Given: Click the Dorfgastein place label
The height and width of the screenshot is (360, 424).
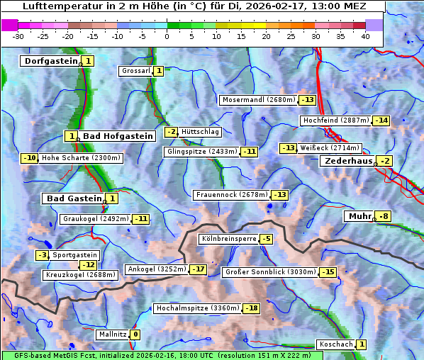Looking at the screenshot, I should coord(50,62).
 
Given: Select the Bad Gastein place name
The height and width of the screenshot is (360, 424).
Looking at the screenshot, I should coord(74,198).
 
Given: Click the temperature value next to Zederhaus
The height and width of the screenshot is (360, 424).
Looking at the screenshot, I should coord(384,162).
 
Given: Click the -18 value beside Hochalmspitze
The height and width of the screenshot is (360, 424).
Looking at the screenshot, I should coord(252,308).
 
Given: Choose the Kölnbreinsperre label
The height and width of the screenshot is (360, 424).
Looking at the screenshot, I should coord(228,240).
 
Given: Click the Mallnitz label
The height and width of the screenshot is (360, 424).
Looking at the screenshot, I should coord(113,334).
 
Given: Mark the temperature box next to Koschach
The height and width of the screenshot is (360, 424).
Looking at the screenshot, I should coord(361,344).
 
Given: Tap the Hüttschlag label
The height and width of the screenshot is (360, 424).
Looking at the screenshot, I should coord(201,132).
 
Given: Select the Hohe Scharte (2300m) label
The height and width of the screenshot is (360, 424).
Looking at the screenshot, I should coord(81,158).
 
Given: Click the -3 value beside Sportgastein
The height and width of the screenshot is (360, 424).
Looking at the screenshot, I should coord(43,255).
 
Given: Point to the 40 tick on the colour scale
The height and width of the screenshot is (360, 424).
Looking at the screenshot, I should coord(365,35).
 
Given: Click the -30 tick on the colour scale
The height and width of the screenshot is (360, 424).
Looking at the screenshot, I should coord(18,35).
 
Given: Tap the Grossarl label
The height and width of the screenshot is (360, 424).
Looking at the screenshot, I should coord(136,71).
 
